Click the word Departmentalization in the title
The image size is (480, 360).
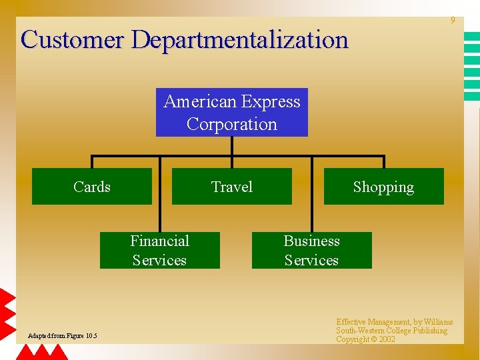tap(240, 40)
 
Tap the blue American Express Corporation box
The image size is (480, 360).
tap(232, 112)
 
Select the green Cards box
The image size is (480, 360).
tap(92, 187)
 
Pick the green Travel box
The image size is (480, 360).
tap(232, 187)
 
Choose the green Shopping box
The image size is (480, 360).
tap(383, 187)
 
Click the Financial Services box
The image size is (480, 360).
tap(159, 250)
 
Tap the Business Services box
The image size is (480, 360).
tap(311, 250)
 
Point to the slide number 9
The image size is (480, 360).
tap(453, 21)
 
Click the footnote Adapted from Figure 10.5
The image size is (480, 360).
tap(62, 335)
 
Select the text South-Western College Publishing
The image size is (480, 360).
tap(391, 331)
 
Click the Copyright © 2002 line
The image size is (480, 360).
tap(365, 339)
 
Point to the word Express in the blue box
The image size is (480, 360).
tap(271, 102)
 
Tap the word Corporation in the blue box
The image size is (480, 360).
tap(232, 124)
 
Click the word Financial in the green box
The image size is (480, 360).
tap(159, 241)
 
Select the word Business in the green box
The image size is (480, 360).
tap(311, 241)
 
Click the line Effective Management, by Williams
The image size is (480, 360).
tap(394, 322)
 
